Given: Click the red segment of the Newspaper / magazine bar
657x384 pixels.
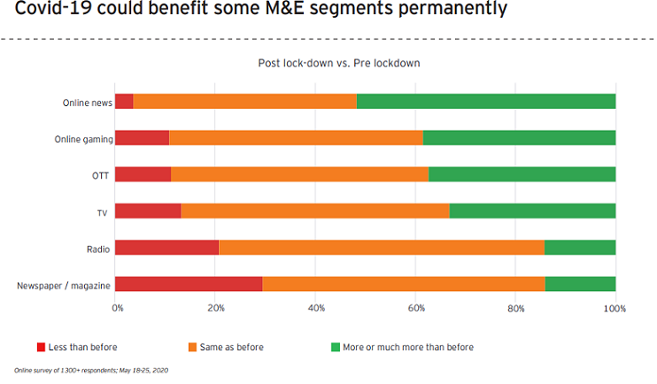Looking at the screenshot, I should [189, 284].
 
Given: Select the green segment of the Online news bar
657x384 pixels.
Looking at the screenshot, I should [486, 101].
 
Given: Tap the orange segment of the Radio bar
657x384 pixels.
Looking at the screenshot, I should [382, 248].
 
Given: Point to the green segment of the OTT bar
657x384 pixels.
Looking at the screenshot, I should [522, 174].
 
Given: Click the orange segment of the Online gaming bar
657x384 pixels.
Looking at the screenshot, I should [296, 137].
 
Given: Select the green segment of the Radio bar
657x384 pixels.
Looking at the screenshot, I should [580, 248].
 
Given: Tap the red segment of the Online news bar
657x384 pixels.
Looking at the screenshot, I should [124, 101].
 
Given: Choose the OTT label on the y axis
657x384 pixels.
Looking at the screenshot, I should [101, 175].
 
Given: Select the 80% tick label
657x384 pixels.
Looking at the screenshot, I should [515, 309].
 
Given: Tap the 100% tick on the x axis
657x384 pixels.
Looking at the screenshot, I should [614, 309].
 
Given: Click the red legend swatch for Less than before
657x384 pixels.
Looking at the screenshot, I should [41, 347].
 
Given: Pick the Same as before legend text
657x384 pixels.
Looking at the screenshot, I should [232, 347].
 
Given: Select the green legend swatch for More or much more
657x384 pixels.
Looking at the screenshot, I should [335, 347].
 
